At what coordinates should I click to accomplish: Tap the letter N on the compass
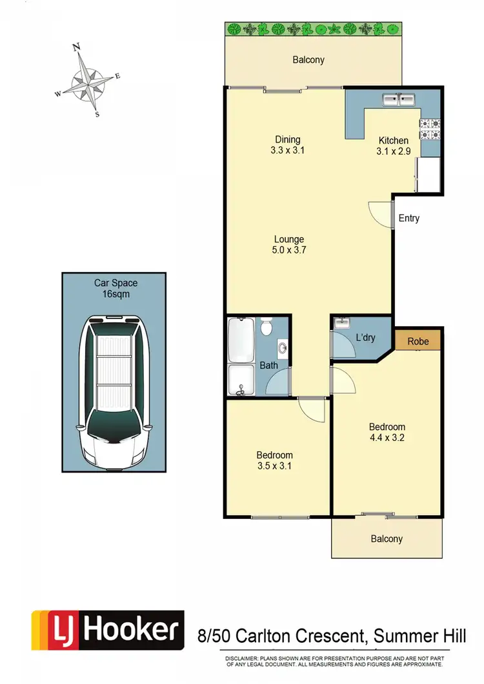point(76,46)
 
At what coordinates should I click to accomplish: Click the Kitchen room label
point(393,141)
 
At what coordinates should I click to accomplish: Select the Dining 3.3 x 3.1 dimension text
point(288,151)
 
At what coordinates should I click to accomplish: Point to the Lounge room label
point(288,240)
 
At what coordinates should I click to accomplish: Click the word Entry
point(408,218)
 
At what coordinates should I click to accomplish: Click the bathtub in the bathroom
point(241,339)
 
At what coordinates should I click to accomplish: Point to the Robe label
point(418,341)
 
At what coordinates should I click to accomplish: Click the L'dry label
point(365,337)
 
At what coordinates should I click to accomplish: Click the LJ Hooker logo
point(107,630)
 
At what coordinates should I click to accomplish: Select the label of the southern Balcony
point(387,539)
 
